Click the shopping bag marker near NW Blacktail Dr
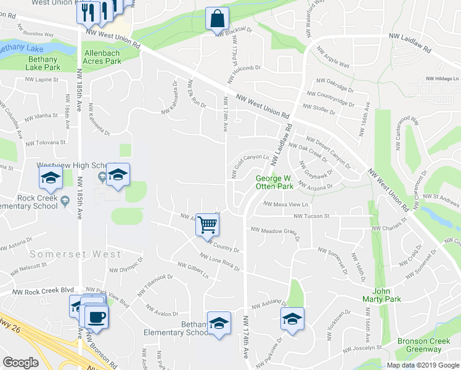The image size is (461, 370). pyautogui.click(x=217, y=19)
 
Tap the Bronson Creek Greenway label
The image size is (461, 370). pyautogui.click(x=419, y=345)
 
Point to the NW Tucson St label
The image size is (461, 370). pyautogui.click(x=311, y=216)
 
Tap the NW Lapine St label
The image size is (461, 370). pyautogui.click(x=41, y=80)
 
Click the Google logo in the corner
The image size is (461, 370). pyautogui.click(x=20, y=363)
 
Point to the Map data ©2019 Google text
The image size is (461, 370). pyautogui.click(x=422, y=365)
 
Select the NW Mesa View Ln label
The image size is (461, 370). pyautogui.click(x=285, y=204)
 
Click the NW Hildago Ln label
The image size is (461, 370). pyautogui.click(x=443, y=79)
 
